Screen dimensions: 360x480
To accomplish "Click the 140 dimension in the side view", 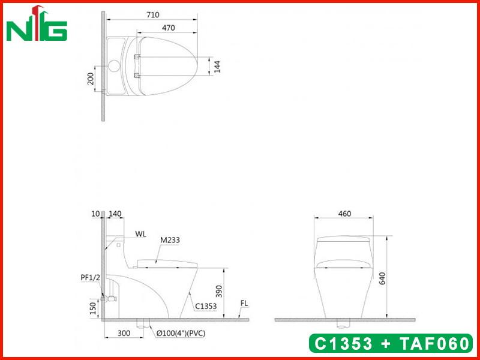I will tap(116, 214).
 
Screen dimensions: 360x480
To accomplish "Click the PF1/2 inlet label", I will tap(89, 278).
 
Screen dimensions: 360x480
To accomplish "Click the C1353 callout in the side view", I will tap(205, 306).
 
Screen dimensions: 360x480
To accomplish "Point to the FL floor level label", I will tap(244, 304).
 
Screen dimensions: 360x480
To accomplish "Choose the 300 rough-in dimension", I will tap(124, 333).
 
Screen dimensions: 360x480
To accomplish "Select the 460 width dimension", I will tap(344, 214).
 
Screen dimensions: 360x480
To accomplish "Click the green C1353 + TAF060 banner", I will tap(389, 344).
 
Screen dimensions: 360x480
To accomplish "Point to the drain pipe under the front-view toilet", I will tap(343, 325).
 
